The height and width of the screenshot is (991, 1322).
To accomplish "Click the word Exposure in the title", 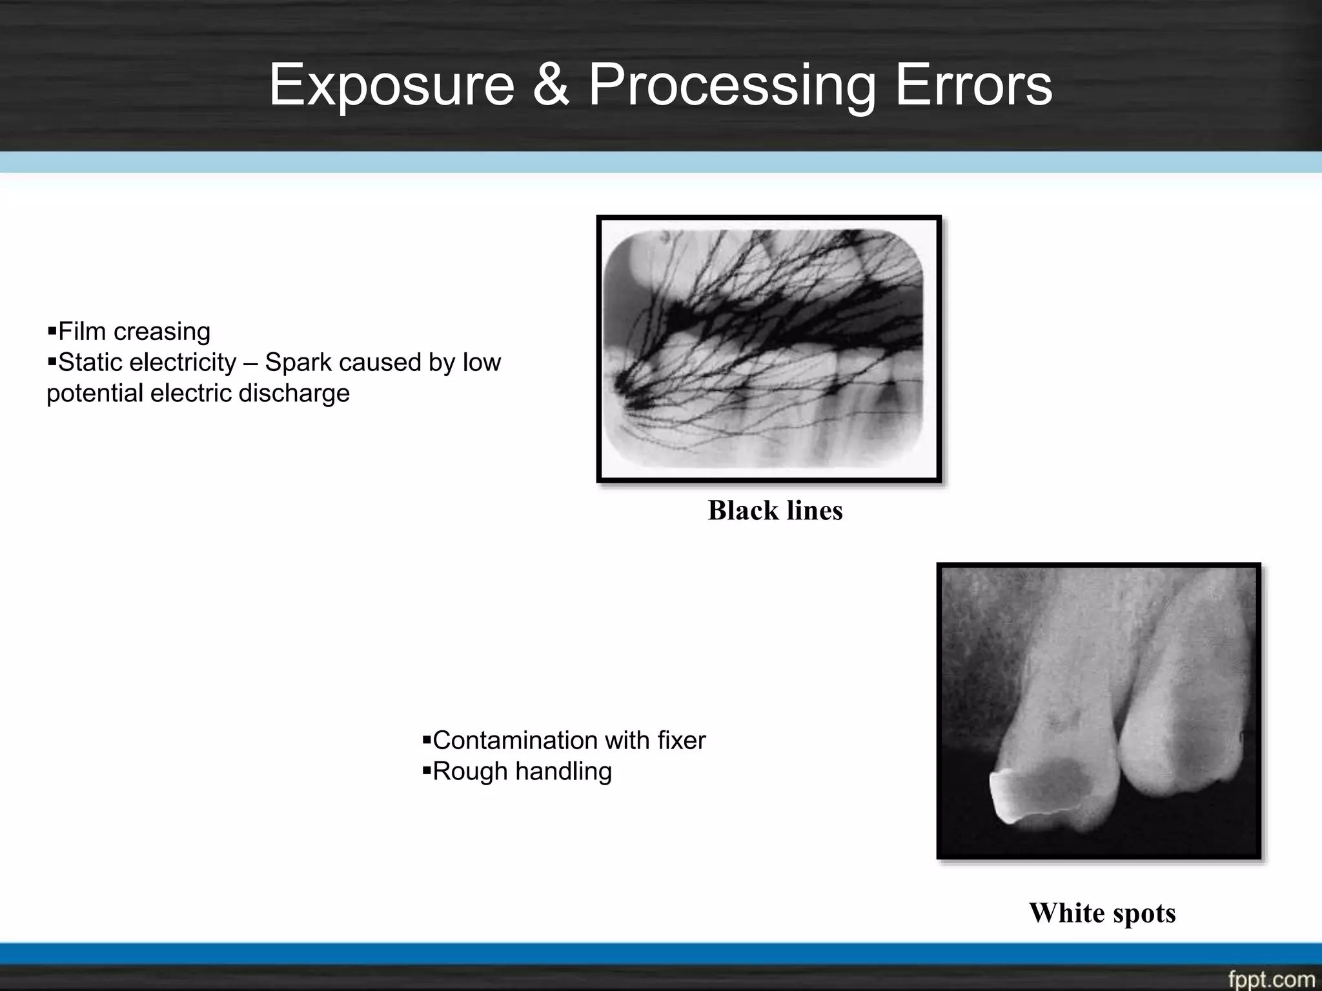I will point(391,85).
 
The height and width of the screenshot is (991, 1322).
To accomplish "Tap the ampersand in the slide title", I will point(551,85).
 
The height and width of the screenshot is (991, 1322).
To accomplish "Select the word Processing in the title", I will point(731,85).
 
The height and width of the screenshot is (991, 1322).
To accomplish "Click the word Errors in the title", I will point(973,85).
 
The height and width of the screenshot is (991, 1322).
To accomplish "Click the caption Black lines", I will point(775,510).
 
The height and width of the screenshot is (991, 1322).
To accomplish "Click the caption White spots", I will point(1102,913).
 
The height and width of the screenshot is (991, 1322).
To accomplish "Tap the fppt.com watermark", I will point(1270,979).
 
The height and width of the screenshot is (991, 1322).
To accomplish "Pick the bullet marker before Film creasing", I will point(52,332).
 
